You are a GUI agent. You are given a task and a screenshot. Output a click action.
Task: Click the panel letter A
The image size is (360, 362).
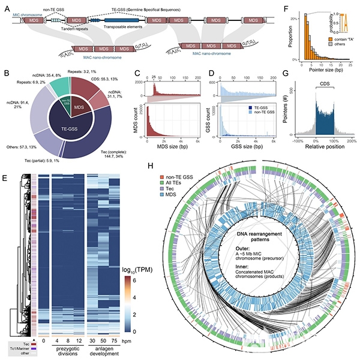pos(6,5)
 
